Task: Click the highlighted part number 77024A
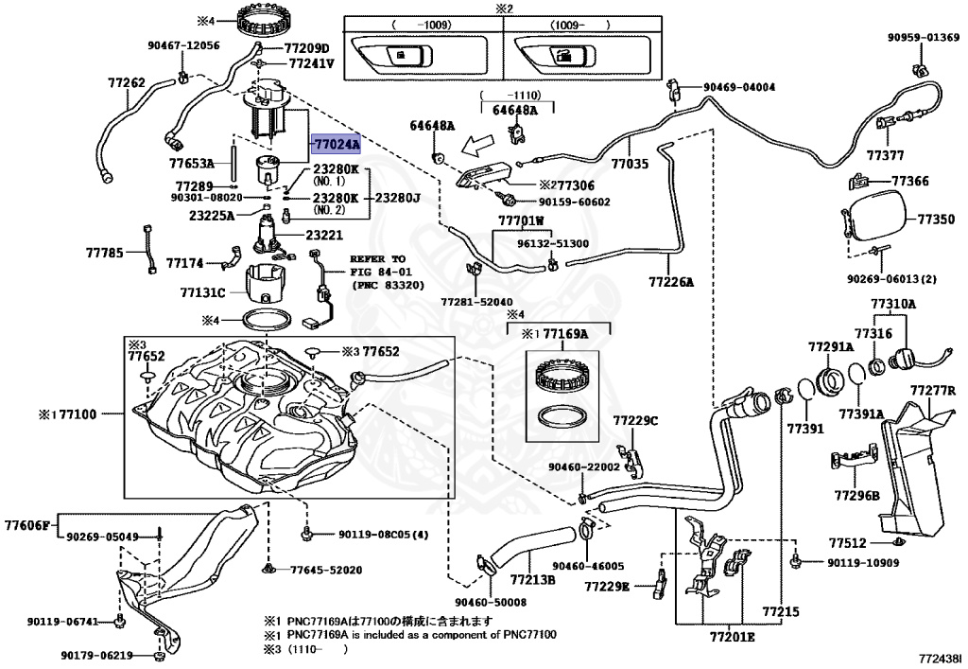337,144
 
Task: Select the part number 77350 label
936,220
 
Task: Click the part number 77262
126,82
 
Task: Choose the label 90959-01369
922,38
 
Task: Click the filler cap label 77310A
893,304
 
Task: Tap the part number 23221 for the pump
324,235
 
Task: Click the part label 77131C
203,293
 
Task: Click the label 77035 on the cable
630,164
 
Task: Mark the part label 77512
848,543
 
